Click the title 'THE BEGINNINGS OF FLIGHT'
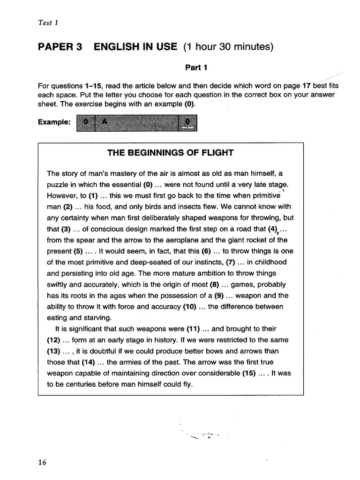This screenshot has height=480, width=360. click(171, 152)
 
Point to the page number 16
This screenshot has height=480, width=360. click(42, 462)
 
